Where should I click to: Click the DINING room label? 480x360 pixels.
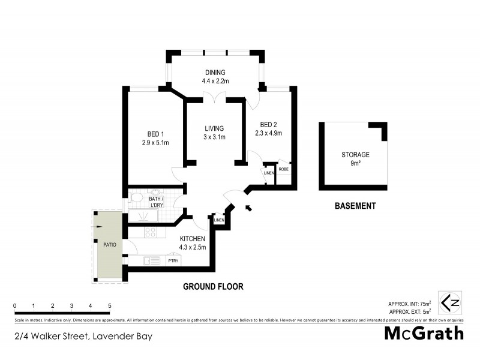click(214, 72)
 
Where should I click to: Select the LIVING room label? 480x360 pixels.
click(214, 128)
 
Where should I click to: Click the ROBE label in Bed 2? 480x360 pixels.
click(283, 170)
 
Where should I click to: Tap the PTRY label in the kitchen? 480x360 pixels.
click(173, 260)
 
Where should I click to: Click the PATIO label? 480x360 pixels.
click(109, 245)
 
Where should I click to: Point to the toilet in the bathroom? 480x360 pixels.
click(136, 197)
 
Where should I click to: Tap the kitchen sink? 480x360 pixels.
click(151, 260)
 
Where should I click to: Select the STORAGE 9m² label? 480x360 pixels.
click(356, 159)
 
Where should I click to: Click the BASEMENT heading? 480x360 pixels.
click(355, 206)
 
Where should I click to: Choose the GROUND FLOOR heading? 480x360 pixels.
click(213, 287)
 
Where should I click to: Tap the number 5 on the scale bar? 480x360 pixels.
click(110, 306)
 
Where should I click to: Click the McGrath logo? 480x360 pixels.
click(423, 333)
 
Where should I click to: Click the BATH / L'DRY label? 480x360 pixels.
click(156, 201)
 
